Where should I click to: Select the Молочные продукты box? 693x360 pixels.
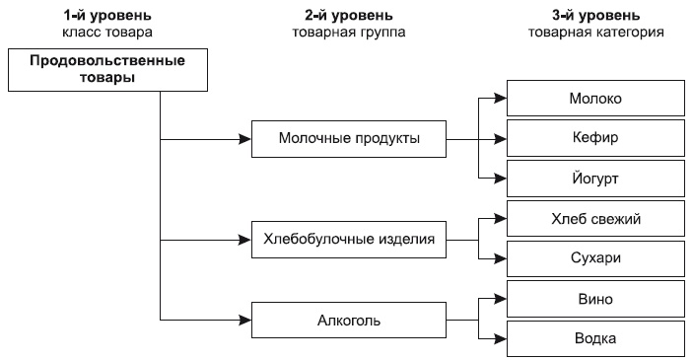pos(348,138)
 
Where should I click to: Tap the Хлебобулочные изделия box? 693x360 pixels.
pos(348,238)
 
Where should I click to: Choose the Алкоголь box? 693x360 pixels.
pos(348,320)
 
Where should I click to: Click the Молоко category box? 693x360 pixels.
pos(594,100)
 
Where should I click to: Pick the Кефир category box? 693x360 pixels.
pos(594,138)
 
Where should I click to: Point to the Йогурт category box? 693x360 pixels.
pos(594,179)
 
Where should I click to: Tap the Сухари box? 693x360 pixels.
pos(594,257)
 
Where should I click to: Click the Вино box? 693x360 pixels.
pos(594,298)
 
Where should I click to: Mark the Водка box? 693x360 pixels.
pos(594,338)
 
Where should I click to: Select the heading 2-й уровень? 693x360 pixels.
pos(349,15)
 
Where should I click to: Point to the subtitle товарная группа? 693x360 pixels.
pos(349,32)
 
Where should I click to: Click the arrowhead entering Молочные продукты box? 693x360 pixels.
pos(246,138)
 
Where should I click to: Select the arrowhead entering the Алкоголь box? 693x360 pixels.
pos(246,320)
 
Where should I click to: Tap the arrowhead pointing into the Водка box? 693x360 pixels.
pos(502,338)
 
